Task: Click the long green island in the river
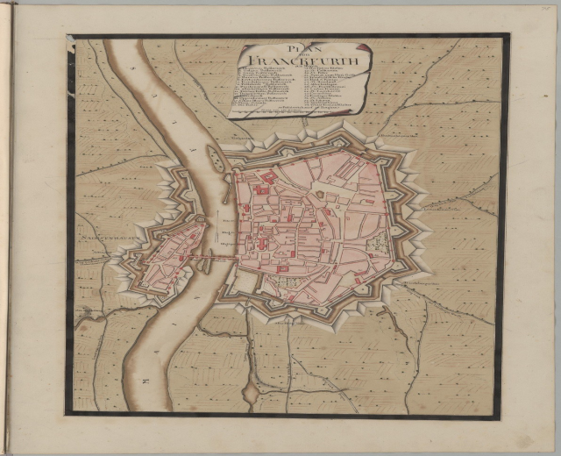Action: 214,159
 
